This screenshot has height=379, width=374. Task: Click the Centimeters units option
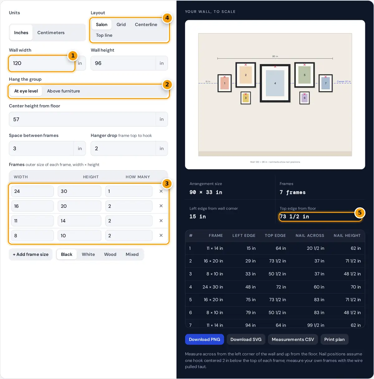51,32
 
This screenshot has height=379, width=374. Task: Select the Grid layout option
121,24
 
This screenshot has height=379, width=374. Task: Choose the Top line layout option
104,35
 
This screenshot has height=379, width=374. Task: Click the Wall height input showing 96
123,63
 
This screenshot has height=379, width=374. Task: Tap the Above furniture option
63,91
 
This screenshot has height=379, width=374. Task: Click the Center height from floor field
82,119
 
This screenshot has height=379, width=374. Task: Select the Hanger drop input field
123,148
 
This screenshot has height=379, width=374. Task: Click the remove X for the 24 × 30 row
161,191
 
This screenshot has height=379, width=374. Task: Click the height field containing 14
79,221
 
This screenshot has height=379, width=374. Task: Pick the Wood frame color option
110,254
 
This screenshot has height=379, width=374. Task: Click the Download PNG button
204,339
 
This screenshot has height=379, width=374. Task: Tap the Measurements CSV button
293,339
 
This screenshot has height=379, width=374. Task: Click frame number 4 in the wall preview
275,83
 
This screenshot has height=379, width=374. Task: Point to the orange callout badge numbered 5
360,213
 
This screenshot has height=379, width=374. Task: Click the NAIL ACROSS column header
310,235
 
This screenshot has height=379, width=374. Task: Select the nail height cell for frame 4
356,287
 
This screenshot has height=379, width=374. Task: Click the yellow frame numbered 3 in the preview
246,98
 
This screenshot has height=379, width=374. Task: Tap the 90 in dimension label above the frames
275,56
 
